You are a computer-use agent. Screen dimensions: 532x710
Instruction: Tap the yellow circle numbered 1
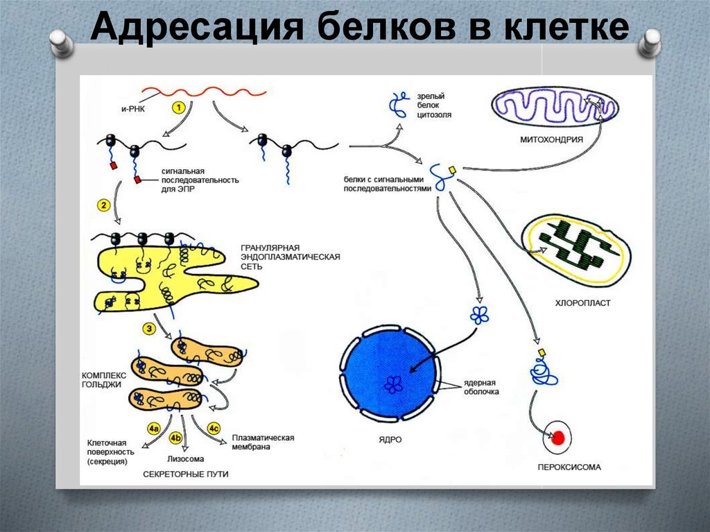point(177,108)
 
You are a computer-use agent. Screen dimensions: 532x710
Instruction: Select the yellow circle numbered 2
point(104,205)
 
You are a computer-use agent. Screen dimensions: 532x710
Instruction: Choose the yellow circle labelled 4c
point(214,428)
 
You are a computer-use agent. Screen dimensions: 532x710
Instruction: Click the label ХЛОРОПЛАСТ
point(582,303)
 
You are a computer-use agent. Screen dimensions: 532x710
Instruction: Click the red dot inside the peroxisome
point(558,438)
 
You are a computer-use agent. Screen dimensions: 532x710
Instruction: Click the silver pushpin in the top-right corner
point(650,42)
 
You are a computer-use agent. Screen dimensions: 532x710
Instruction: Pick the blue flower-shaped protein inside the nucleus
point(393,384)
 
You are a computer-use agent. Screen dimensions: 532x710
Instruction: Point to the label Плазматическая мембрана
point(263,443)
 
